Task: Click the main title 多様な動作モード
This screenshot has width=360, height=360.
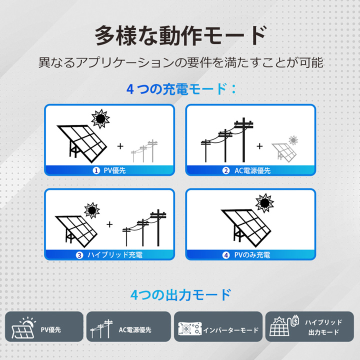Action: (180, 36)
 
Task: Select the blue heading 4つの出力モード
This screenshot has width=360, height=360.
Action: (180, 295)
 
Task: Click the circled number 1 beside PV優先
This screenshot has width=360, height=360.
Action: (96, 170)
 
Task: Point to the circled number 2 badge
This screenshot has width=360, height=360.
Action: (226, 170)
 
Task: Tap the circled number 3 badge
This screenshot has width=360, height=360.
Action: (79, 255)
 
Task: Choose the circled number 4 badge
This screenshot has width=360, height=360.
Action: (226, 255)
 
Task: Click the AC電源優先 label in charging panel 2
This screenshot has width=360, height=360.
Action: (252, 171)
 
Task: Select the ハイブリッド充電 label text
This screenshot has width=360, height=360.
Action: (115, 255)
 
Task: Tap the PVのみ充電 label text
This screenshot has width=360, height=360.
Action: (252, 255)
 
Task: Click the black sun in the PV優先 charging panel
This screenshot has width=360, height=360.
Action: (100, 118)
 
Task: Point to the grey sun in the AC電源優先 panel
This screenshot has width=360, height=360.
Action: (293, 140)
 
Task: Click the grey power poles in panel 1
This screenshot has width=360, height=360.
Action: (144, 151)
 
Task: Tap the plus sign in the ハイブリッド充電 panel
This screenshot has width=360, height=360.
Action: (109, 224)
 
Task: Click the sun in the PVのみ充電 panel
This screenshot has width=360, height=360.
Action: (264, 202)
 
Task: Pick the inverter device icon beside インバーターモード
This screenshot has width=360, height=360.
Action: (190, 328)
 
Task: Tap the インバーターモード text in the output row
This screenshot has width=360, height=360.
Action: (230, 330)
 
